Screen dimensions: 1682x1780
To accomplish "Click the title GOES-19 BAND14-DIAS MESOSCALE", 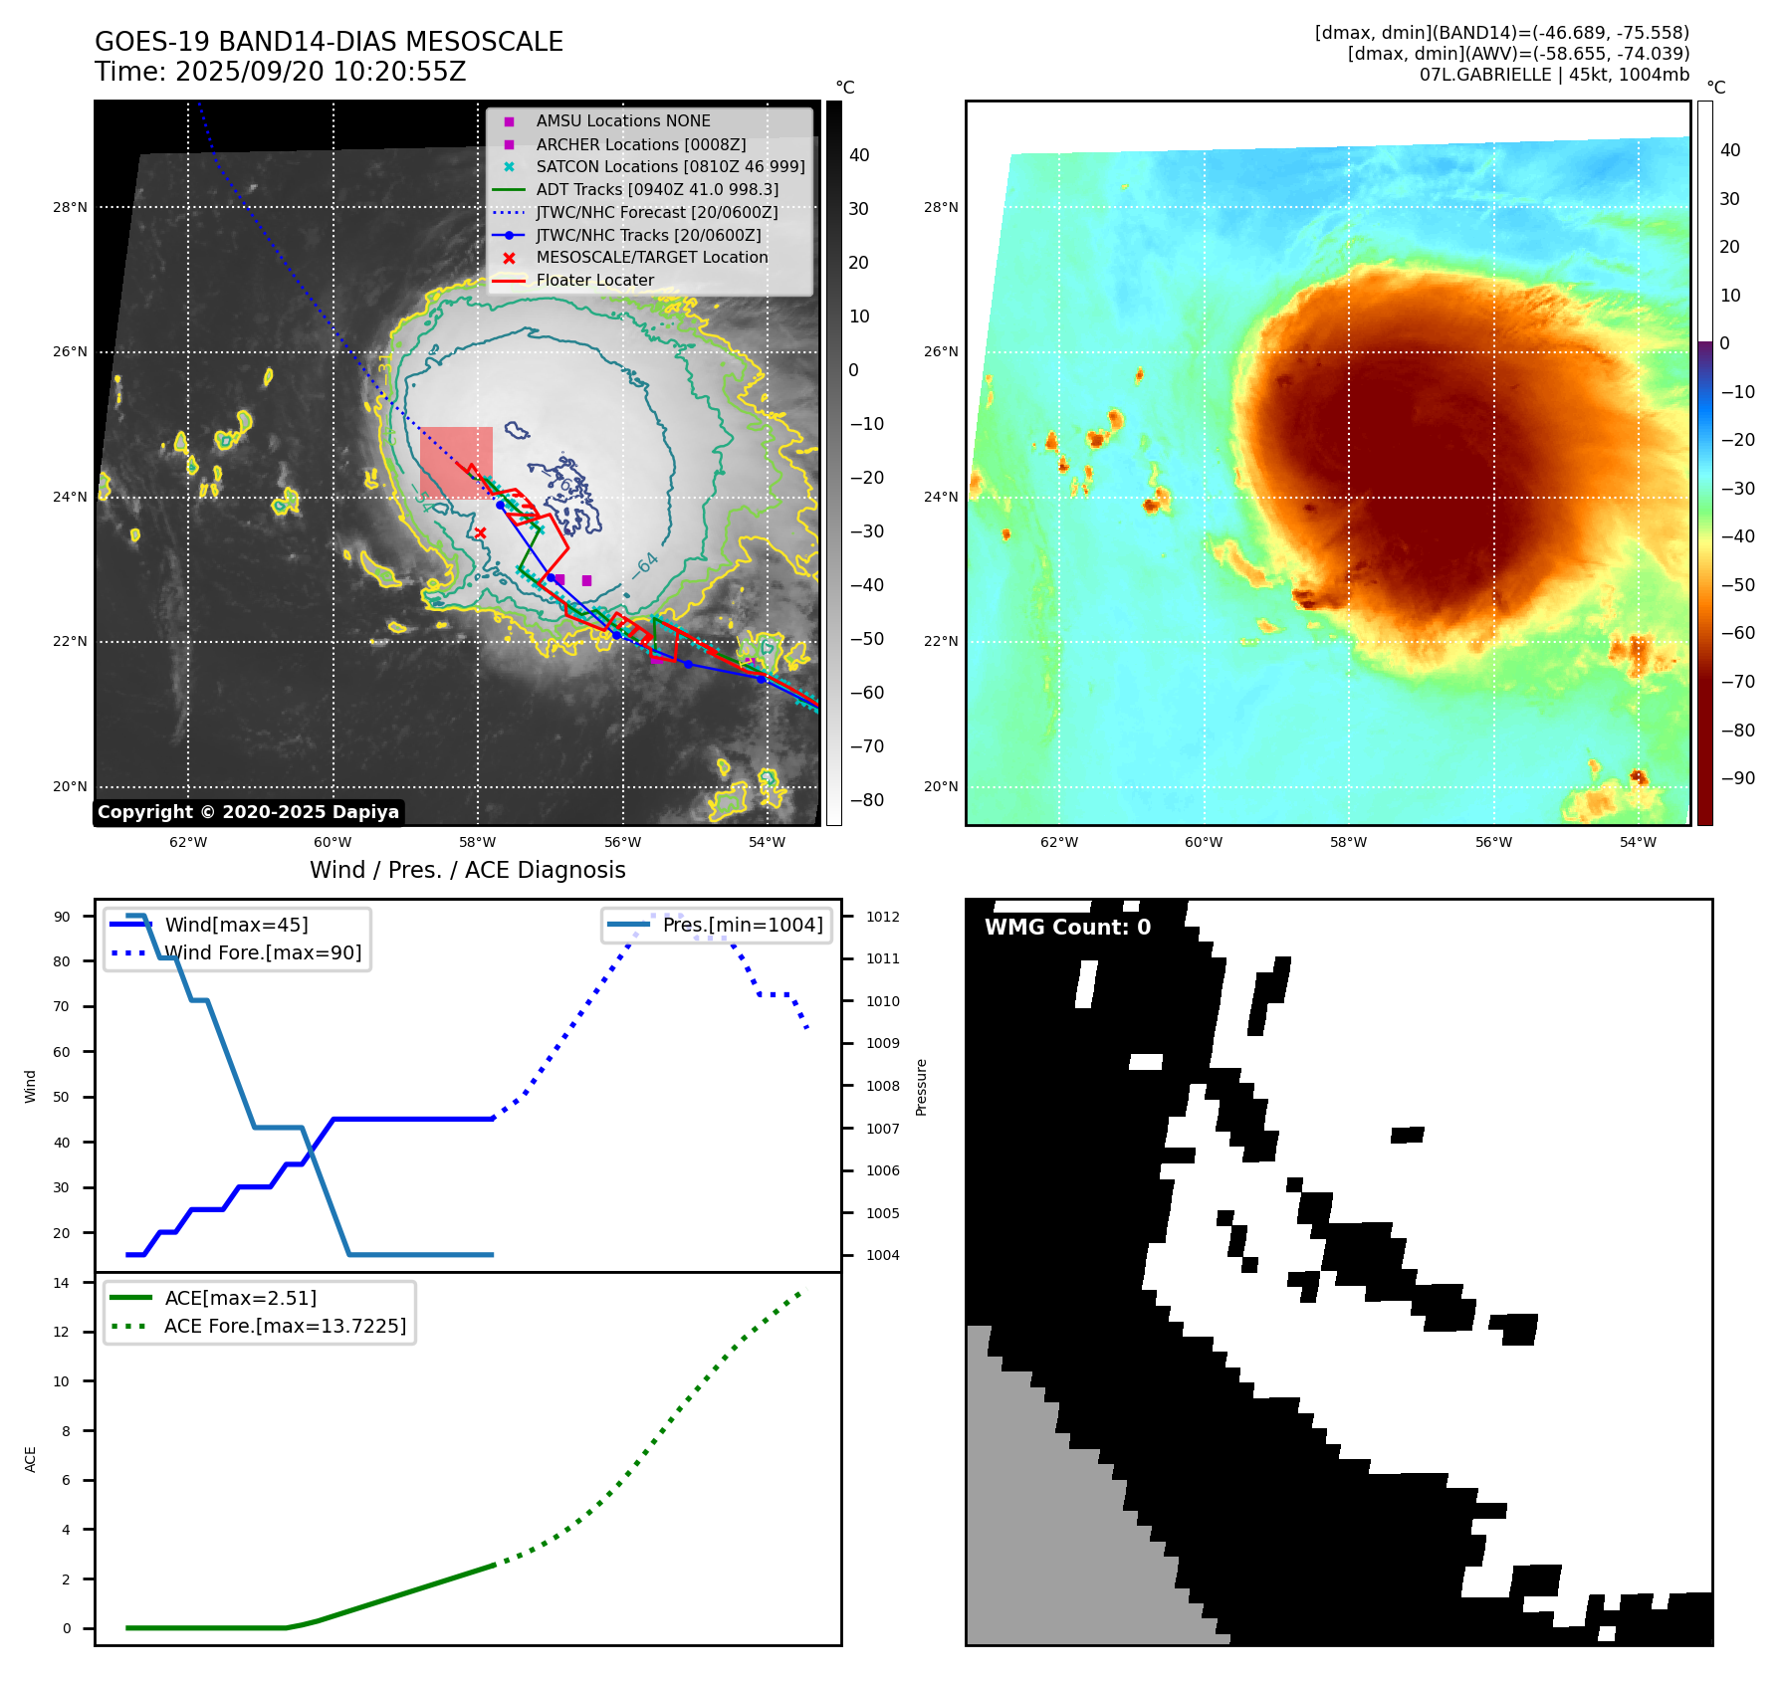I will (x=329, y=42).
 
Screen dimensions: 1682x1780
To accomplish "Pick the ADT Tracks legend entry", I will (x=656, y=189).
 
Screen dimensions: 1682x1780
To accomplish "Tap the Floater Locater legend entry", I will (x=594, y=281).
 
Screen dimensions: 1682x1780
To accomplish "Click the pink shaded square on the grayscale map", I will (x=456, y=462).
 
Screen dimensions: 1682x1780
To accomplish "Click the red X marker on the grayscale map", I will (x=481, y=533).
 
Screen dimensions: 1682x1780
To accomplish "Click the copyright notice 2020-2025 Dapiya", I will (x=248, y=812).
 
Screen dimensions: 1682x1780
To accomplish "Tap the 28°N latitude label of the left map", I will (x=70, y=208).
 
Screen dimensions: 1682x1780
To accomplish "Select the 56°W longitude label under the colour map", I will (x=1493, y=842).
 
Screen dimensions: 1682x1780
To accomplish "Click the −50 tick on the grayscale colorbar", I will (x=866, y=639).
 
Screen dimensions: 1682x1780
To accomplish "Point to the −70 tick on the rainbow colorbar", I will (x=1738, y=682).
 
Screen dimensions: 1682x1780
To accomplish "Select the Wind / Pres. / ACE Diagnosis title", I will (x=468, y=870).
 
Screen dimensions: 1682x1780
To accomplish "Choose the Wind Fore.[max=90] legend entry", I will (x=263, y=952).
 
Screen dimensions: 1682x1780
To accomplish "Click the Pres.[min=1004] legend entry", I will (x=743, y=925).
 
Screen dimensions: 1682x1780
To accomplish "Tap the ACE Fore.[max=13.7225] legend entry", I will (x=285, y=1326).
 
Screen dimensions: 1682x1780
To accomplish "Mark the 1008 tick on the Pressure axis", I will (x=882, y=1086).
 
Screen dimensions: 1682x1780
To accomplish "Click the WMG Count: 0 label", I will (x=1067, y=928).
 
